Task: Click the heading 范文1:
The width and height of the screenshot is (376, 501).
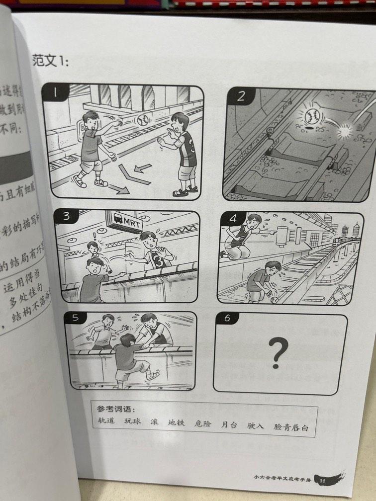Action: click(50, 61)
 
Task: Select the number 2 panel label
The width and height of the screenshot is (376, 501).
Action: click(241, 96)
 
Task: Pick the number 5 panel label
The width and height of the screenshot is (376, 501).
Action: click(76, 318)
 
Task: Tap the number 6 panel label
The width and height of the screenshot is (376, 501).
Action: click(227, 319)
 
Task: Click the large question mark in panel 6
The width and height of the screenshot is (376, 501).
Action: click(278, 352)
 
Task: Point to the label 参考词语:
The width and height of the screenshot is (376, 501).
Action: click(116, 409)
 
